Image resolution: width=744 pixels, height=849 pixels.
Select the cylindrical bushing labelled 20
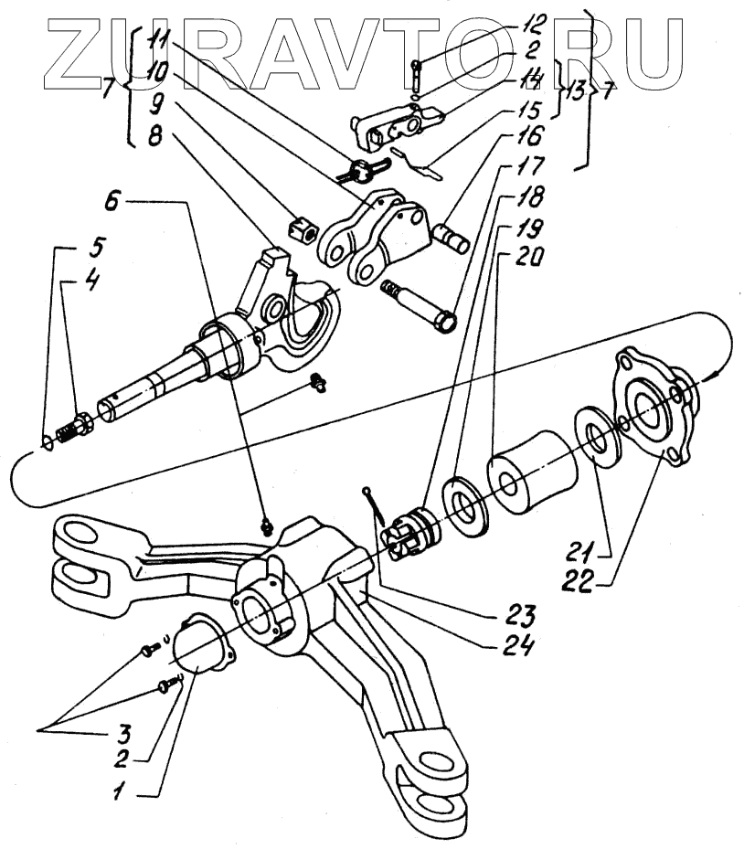530,473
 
